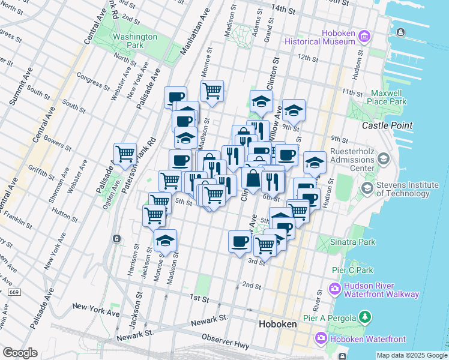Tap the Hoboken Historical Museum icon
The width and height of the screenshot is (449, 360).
coord(364,38)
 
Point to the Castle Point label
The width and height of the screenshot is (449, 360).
coord(387,125)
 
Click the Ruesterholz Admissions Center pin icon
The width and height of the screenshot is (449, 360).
coord(384,159)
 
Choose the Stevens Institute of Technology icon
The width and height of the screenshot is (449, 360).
coord(366,188)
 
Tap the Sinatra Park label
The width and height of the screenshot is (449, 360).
coord(353,242)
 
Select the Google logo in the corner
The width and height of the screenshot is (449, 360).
coord(20,353)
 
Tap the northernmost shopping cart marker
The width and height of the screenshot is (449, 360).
coord(212,91)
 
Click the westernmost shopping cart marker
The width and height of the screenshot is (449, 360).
coord(125,154)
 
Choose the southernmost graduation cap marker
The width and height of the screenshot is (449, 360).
coord(165,241)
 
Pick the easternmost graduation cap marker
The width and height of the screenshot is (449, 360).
coord(315,162)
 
